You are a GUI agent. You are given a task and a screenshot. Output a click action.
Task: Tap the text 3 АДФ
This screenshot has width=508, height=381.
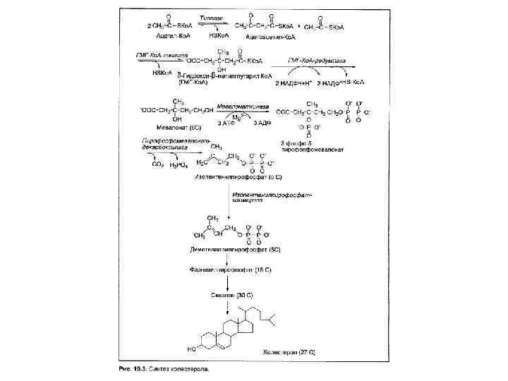(262, 123)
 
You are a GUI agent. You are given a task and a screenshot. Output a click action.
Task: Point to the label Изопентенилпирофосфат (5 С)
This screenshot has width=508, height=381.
(238, 176)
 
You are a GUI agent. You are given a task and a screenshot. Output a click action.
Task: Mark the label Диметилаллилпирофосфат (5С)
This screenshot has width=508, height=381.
(231, 250)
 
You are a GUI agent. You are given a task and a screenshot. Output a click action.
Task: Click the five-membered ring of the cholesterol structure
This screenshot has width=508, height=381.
(246, 325)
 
